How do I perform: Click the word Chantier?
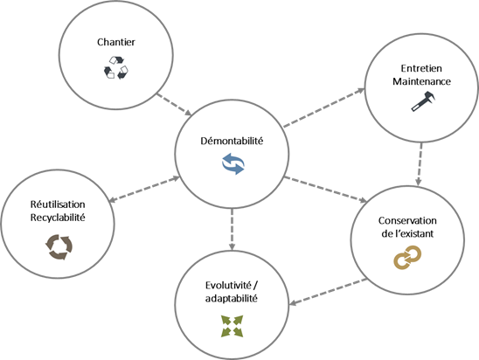point(116,42)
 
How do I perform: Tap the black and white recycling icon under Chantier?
point(116,67)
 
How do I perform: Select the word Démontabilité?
point(232,141)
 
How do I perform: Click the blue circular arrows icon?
point(233,164)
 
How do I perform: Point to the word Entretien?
point(421,68)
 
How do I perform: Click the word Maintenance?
point(421,81)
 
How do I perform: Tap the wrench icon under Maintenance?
point(423,101)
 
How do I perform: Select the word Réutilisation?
point(58,204)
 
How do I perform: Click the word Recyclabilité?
point(58,218)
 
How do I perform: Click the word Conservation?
point(407,220)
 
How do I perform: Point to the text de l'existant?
point(407,233)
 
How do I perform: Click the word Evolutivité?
point(228,285)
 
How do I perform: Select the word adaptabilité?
point(232,298)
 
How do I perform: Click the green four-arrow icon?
point(232,327)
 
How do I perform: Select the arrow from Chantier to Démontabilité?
point(174,105)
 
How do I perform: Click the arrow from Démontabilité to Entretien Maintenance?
point(324,107)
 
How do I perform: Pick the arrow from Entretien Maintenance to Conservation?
point(420,164)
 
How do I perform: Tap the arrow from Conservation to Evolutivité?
point(328,292)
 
